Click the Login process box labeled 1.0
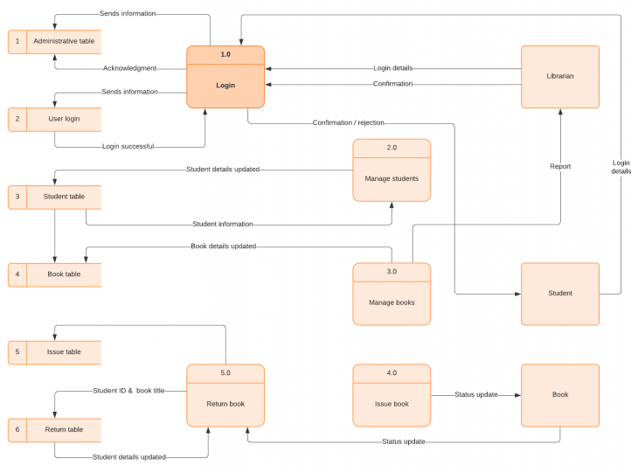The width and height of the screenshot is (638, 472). tap(225, 77)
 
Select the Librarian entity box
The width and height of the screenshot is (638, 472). tap(560, 77)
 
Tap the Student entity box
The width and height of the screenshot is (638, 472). tap(560, 294)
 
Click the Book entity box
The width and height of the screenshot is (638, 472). tap(560, 395)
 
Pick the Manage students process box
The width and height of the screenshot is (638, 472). tap(392, 170)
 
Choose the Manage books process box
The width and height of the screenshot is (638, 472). tap(392, 294)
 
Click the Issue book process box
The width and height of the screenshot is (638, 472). tap(392, 395)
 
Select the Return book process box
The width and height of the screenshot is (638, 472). tap(225, 395)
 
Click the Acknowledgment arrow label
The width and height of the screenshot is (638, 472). tap(129, 68)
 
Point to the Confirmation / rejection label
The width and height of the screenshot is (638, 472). tap(348, 123)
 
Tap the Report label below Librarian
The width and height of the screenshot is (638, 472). tap(560, 166)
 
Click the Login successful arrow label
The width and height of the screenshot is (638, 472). tap(129, 147)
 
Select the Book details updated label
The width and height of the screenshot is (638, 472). tap(223, 246)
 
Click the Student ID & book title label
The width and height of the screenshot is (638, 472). tap(128, 391)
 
